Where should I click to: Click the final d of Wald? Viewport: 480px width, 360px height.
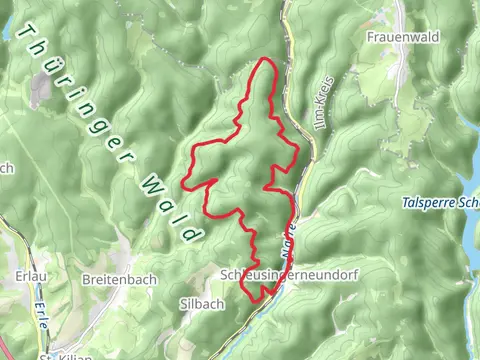click(190, 234)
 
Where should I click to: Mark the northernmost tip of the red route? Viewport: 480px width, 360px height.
click(265, 60)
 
